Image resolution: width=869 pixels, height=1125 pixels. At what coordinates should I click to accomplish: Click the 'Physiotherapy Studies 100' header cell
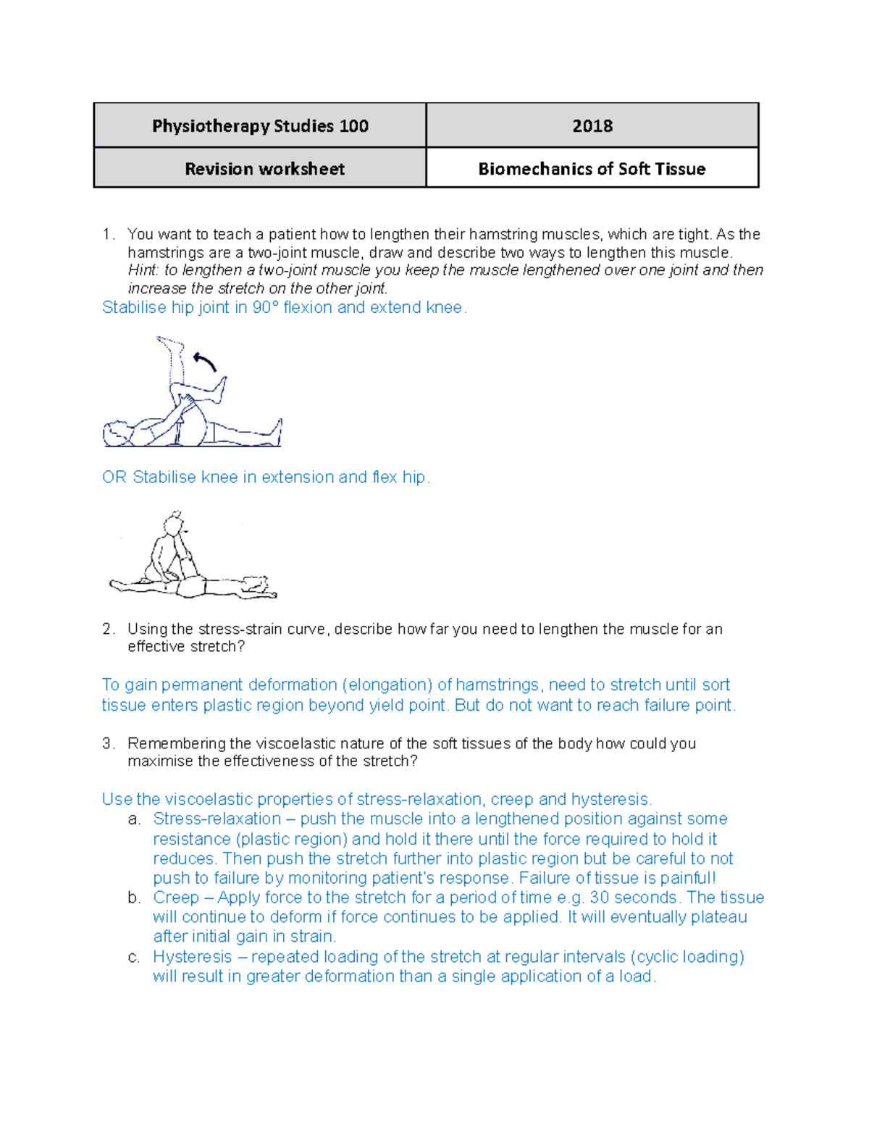tap(260, 126)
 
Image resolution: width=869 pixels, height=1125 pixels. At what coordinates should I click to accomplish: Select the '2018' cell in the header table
tap(592, 126)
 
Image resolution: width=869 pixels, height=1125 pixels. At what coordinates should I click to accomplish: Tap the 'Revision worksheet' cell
tap(264, 169)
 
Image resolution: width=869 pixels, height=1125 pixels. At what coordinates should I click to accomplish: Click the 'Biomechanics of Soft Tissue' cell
tap(592, 169)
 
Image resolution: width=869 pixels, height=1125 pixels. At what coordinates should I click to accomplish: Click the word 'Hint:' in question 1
tap(143, 270)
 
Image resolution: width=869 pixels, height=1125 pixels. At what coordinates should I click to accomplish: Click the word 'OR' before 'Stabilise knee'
tap(114, 477)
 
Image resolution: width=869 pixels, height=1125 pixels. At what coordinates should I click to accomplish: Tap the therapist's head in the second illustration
tap(174, 522)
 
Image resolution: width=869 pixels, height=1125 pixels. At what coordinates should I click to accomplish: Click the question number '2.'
tap(109, 629)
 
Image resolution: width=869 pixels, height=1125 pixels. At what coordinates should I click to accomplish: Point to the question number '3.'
tap(109, 743)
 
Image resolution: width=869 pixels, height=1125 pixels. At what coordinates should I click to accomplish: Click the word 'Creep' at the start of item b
tap(176, 898)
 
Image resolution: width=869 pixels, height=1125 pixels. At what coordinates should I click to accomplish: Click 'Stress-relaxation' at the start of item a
tap(217, 819)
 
